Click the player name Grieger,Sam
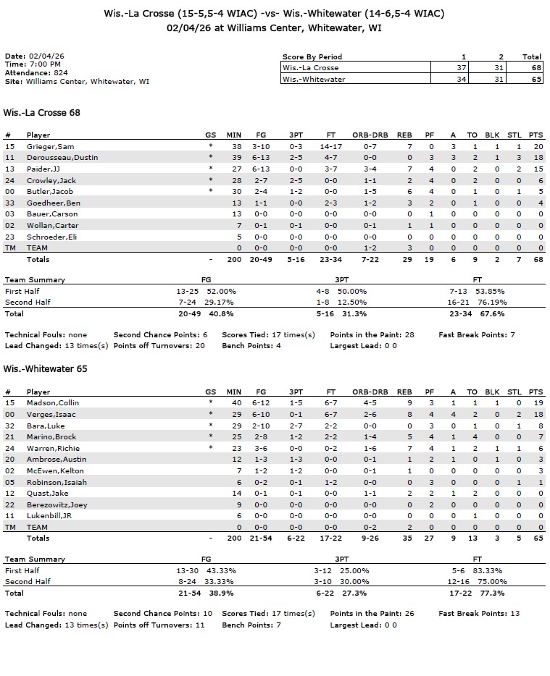click(x=47, y=146)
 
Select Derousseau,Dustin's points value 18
click(x=536, y=158)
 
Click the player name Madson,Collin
click(x=53, y=403)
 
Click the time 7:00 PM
click(x=44, y=64)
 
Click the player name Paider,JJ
click(x=43, y=169)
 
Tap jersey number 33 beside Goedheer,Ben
click(x=9, y=203)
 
